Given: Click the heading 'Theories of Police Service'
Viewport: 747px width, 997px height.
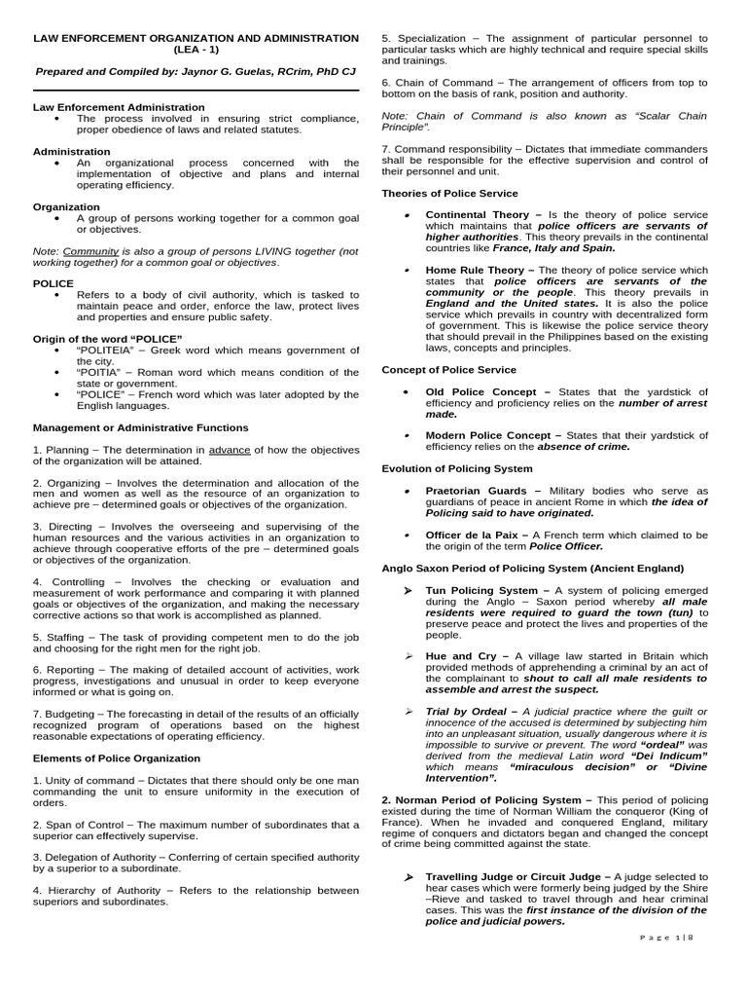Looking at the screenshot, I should [449, 194].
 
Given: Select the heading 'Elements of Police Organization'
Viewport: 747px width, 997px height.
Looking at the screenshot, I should [117, 758].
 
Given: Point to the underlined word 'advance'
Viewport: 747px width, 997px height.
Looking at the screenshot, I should [230, 450].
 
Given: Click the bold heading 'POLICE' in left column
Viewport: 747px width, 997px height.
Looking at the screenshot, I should [53, 283].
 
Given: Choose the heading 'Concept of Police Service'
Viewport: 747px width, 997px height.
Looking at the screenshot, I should [448, 370].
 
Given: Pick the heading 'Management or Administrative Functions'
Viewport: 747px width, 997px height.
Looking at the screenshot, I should [140, 427].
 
